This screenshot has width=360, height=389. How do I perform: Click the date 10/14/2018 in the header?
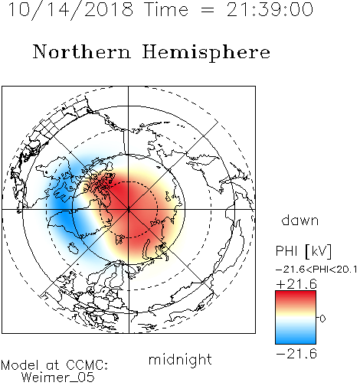[x=70, y=10]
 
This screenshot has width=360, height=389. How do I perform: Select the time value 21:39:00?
[x=270, y=9]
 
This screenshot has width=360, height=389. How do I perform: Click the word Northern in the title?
[x=82, y=52]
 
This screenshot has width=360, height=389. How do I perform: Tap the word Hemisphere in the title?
[x=206, y=53]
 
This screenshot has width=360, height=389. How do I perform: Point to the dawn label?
[x=300, y=220]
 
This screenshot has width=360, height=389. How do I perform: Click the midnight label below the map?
[x=180, y=359]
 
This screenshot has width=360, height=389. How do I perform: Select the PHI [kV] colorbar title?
[x=303, y=251]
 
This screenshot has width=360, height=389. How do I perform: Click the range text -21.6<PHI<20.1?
[x=316, y=270]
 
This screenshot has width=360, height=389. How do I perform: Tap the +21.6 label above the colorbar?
[x=296, y=284]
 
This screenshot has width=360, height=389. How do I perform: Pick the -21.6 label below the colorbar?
[x=296, y=354]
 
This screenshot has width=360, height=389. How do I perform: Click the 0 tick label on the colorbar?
[x=322, y=319]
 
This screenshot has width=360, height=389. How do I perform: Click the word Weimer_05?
[x=58, y=378]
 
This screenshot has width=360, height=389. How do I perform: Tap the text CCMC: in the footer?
[x=87, y=365]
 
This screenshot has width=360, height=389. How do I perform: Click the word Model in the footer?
[x=20, y=365]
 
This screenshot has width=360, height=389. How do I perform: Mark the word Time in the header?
[x=166, y=9]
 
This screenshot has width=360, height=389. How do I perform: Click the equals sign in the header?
[x=208, y=10]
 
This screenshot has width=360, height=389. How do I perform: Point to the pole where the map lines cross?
[x=128, y=209]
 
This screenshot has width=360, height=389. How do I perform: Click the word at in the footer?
[x=53, y=366]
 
